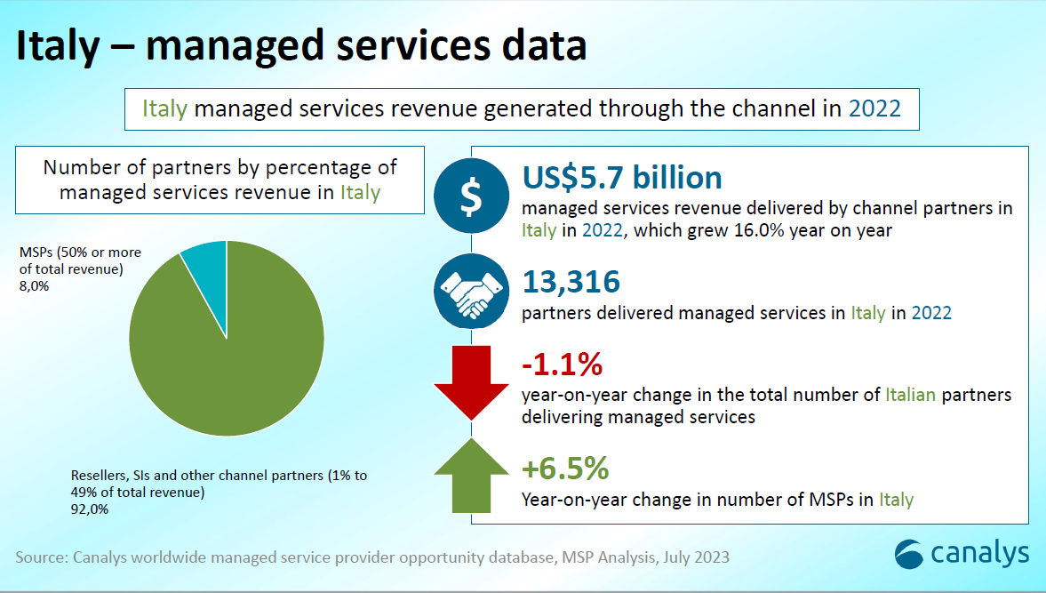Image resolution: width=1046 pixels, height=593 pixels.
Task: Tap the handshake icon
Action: tap(472, 293)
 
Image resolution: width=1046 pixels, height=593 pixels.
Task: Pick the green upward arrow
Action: tap(471, 476)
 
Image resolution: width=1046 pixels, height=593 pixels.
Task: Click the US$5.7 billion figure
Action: tap(622, 178)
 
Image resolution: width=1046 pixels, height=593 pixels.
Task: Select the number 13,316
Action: tap(571, 282)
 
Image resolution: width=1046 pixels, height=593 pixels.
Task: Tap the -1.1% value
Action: tap(563, 365)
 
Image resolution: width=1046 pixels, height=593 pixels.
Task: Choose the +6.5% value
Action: tap(565, 468)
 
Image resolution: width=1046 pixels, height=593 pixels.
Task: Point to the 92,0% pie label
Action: tap(90, 509)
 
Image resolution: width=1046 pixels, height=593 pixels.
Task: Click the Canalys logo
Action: tap(962, 553)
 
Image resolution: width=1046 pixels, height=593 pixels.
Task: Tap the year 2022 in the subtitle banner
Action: tap(874, 108)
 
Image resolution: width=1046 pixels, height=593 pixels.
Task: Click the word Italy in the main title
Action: tap(57, 46)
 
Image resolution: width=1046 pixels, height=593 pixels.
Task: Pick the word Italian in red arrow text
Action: tap(910, 394)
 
